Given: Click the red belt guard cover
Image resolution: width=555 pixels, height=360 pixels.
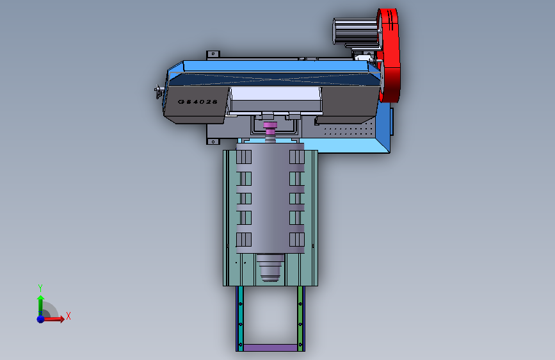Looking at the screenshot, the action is [389, 55].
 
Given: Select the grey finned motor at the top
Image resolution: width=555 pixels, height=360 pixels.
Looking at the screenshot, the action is [355, 31].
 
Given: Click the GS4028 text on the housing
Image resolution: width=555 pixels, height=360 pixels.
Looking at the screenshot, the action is [198, 102].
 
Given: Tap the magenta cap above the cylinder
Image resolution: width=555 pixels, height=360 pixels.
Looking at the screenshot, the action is [270, 125].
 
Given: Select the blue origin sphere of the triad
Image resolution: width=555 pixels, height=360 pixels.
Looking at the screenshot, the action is [41, 319].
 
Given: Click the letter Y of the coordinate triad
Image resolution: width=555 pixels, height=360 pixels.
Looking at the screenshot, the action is [40, 288].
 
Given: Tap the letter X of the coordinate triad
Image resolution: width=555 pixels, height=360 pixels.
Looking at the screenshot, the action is [68, 316].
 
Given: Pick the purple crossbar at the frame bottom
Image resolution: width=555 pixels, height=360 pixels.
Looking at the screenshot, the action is [270, 348].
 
